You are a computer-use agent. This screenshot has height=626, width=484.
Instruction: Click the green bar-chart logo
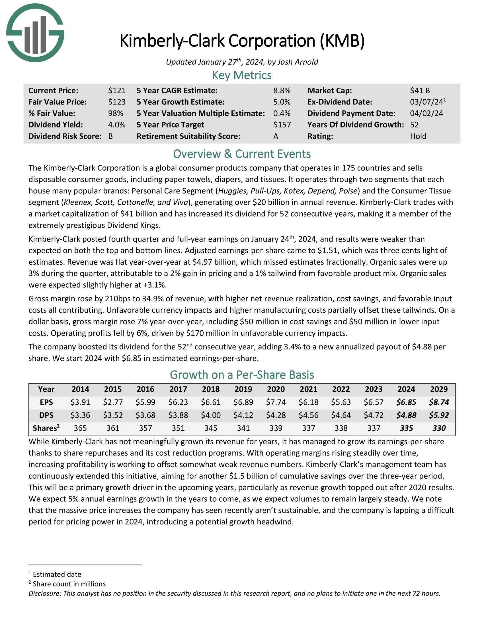coord(35,33)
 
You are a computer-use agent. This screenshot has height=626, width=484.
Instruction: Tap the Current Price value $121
coord(117,90)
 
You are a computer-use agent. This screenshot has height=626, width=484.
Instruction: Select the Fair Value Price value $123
coord(117,102)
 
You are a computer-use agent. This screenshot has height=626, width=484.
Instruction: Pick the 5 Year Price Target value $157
coord(282,125)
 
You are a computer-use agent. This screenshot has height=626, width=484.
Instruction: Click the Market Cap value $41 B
coord(420,90)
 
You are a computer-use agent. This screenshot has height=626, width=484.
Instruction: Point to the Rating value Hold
coord(418,136)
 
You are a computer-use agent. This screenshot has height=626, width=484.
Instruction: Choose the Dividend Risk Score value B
coord(111,136)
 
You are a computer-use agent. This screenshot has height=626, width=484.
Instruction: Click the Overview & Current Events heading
coord(242,154)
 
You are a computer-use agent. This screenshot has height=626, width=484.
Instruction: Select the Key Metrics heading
coord(242,75)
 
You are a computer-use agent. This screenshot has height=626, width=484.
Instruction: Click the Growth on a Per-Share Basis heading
coord(242,375)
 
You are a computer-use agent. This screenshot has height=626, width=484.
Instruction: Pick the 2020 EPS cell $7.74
coord(276,402)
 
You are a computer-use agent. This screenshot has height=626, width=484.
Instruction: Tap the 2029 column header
coord(439,389)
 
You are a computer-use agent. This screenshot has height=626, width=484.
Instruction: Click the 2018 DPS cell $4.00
coord(211,415)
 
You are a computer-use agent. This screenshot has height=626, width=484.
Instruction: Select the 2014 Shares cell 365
coord(80,428)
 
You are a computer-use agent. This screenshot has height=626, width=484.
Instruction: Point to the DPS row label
coord(46,415)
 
